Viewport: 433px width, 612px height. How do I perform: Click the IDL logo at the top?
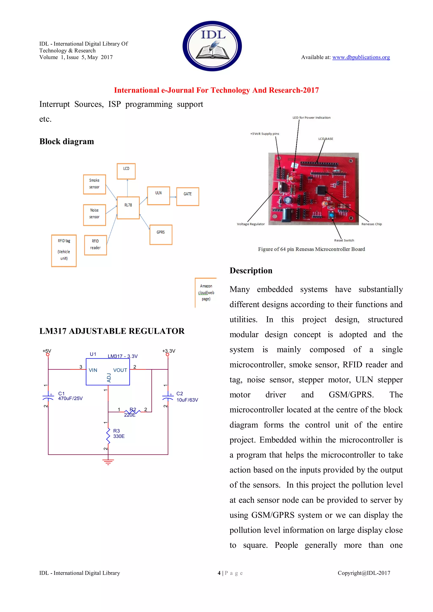point(212,46)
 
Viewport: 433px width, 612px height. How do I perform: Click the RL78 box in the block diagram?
point(128,208)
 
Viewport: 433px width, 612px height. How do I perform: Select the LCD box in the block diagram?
point(126,171)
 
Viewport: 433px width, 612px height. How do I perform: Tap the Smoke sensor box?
point(94,184)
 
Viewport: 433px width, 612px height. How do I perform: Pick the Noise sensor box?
point(94,215)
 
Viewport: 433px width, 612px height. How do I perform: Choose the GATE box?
point(188,197)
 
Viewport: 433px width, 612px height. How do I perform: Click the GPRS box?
point(161,235)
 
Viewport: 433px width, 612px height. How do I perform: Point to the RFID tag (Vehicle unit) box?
point(64,251)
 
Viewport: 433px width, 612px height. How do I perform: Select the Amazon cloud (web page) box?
point(206,292)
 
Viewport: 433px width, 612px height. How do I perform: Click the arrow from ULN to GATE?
point(173,197)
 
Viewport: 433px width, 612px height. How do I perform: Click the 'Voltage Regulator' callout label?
point(251,224)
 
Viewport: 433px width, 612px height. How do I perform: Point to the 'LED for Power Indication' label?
point(311,117)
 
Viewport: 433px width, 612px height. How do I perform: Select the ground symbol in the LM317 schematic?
point(108,462)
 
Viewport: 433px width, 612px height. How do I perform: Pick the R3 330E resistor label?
point(119,433)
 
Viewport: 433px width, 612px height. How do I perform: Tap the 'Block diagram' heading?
point(67,142)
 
